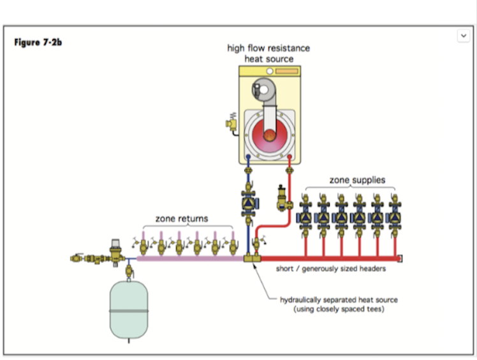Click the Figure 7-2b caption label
pos(38,43)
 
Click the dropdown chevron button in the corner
pos(464,36)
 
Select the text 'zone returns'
pos(182,219)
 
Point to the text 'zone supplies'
pos(357,180)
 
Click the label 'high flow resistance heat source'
pos(268,53)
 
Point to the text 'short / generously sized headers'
pos(330,269)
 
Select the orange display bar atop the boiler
pos(286,70)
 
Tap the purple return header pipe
pos(191,259)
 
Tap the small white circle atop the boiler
pos(270,70)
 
